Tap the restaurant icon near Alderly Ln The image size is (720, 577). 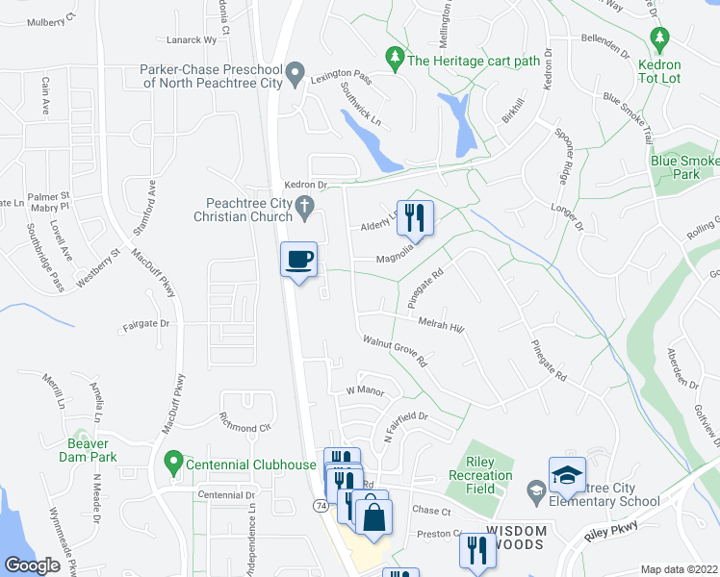(415, 217)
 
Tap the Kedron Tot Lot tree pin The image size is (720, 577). (659, 39)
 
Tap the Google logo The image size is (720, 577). (33, 566)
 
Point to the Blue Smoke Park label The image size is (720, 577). (684, 167)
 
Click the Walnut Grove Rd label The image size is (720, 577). (394, 350)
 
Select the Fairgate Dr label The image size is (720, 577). (145, 325)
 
